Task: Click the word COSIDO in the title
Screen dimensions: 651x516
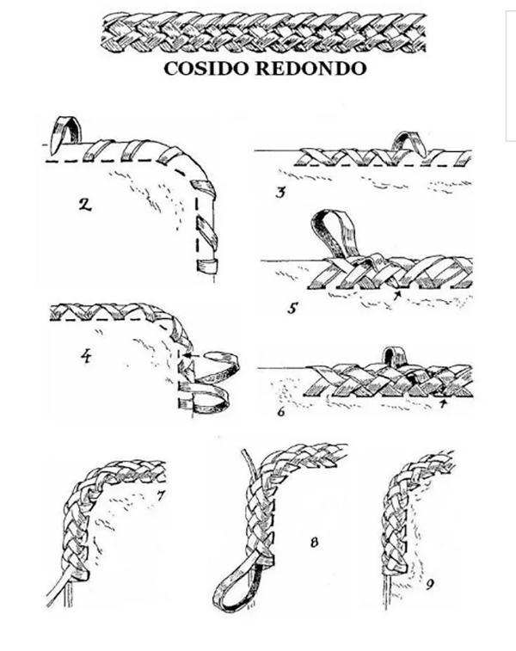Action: (206, 69)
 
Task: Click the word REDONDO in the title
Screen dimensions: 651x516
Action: (308, 69)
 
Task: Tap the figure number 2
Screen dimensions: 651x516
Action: (83, 206)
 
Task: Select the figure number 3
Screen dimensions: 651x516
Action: (281, 191)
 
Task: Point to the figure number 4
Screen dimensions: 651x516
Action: (85, 354)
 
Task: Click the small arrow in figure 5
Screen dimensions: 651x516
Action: (396, 295)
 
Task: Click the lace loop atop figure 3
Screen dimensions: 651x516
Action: (403, 142)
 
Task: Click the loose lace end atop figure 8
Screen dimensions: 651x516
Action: (246, 466)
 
